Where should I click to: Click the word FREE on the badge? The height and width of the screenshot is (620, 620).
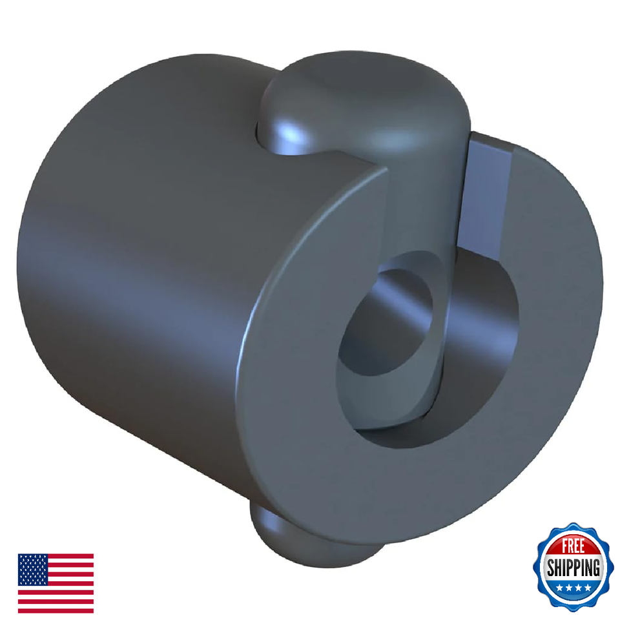(572, 547)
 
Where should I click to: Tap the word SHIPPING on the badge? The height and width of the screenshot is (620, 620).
(573, 568)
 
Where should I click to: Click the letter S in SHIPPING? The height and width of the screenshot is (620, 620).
(550, 569)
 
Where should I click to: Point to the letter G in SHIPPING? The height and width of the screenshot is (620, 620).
(596, 569)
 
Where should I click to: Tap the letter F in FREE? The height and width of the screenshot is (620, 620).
(563, 547)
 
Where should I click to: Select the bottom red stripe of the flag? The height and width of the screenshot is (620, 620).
(56, 610)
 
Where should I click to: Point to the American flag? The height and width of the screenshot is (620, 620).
(56, 583)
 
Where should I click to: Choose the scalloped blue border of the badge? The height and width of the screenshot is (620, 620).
(539, 581)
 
